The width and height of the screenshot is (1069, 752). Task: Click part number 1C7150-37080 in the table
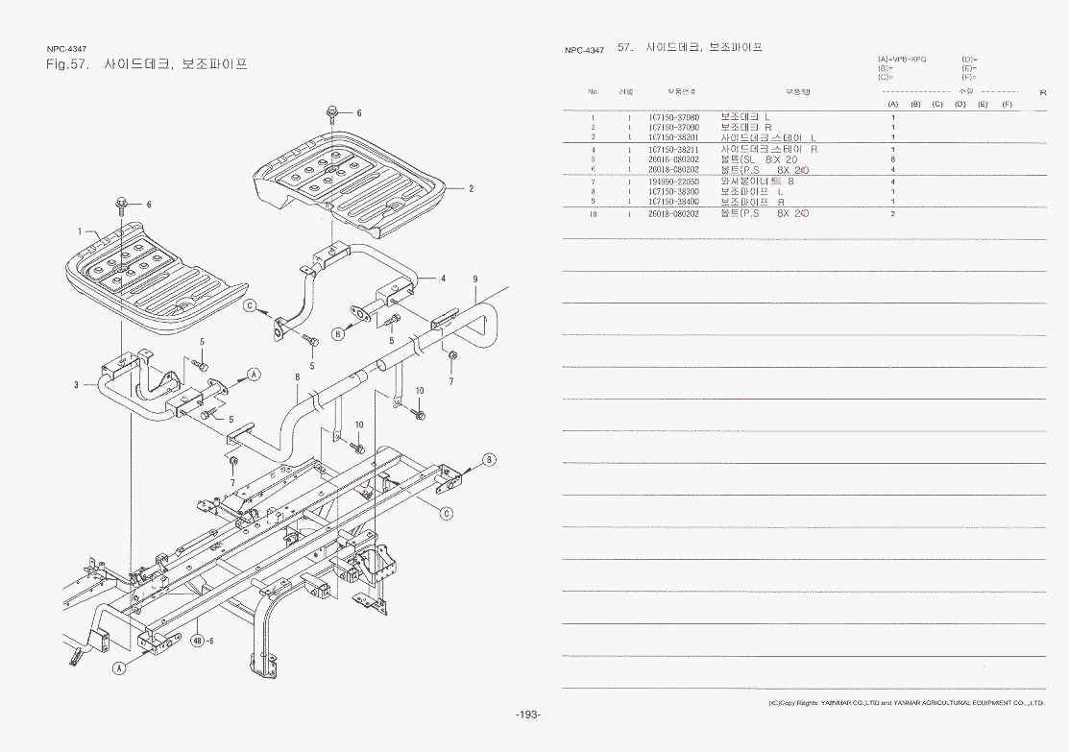click(x=673, y=117)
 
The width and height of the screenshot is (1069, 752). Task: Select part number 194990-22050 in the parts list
click(x=673, y=181)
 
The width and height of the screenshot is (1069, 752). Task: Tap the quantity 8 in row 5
click(x=892, y=159)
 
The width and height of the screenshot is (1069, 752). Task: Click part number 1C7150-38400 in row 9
click(x=673, y=202)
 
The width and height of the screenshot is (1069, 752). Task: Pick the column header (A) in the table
click(x=892, y=104)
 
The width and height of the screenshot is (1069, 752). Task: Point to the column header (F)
click(x=1007, y=104)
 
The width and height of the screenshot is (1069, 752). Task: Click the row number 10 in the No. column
click(x=594, y=213)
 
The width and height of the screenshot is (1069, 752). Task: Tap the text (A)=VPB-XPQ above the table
click(x=902, y=60)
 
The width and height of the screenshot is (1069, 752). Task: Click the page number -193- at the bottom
click(x=528, y=716)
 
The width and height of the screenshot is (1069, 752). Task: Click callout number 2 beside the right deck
click(x=471, y=188)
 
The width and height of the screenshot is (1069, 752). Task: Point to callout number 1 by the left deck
click(x=81, y=230)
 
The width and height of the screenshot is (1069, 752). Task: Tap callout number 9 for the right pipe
click(x=474, y=279)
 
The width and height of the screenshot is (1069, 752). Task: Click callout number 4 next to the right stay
click(x=443, y=279)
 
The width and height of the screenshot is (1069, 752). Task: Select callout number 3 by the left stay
click(x=76, y=385)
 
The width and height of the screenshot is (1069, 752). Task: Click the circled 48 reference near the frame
click(x=198, y=641)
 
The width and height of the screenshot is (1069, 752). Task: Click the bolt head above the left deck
click(x=122, y=203)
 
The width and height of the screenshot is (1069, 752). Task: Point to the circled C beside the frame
click(x=447, y=513)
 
